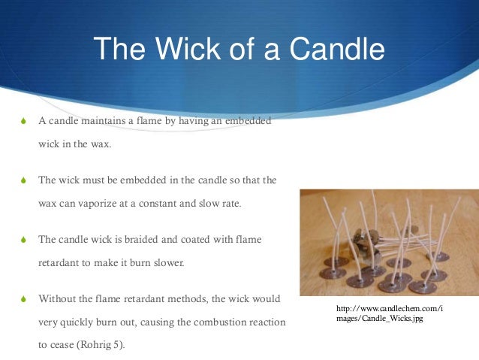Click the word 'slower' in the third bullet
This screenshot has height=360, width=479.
point(167,263)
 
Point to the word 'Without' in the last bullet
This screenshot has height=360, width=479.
point(56,299)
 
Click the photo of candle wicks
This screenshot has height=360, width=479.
point(389,241)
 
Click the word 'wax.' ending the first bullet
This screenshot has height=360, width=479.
point(99,145)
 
